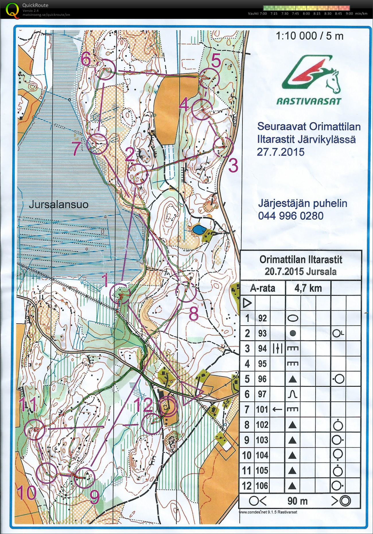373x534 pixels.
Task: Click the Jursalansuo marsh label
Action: (59, 205)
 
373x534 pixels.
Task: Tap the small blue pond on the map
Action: (199, 230)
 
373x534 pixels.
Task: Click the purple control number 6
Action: (86, 59)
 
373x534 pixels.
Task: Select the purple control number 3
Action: (233, 166)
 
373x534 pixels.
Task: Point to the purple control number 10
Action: (26, 493)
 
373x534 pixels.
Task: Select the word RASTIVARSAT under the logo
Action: (309, 101)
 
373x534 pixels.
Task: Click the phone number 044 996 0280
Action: (291, 215)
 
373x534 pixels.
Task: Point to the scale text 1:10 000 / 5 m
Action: (310, 36)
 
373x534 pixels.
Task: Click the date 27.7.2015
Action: (280, 152)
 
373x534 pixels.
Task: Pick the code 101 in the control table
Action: (262, 409)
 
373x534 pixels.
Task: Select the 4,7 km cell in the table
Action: (308, 288)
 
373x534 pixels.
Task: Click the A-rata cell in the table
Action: (263, 288)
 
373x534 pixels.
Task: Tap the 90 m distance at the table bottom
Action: (297, 501)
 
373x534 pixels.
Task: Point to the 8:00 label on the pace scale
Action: (306, 13)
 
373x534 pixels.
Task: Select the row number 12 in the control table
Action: (247, 486)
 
